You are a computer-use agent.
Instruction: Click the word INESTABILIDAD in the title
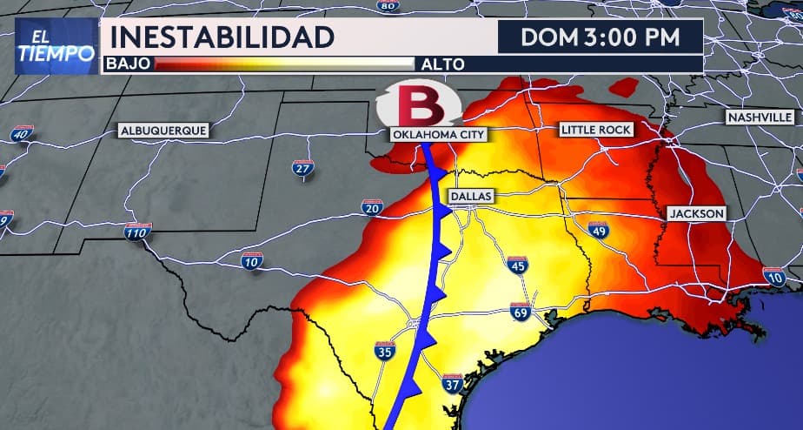click(x=222, y=37)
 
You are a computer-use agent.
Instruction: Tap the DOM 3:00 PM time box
click(x=599, y=37)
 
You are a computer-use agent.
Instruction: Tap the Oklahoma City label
click(x=438, y=135)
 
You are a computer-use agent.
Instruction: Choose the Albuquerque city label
click(x=163, y=131)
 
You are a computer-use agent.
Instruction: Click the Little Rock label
click(x=596, y=130)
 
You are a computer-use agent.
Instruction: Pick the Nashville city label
click(x=760, y=117)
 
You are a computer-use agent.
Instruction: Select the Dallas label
click(x=471, y=197)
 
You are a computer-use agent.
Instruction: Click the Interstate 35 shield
click(x=385, y=351)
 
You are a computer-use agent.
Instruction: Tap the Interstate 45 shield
click(x=517, y=265)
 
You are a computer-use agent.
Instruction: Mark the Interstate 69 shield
click(x=521, y=312)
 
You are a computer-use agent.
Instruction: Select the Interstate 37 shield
click(x=451, y=384)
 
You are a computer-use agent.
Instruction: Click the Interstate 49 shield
click(x=598, y=230)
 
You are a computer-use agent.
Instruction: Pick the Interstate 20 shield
click(x=372, y=207)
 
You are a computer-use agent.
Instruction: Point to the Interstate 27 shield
click(x=302, y=168)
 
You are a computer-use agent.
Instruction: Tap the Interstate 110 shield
click(x=136, y=232)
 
